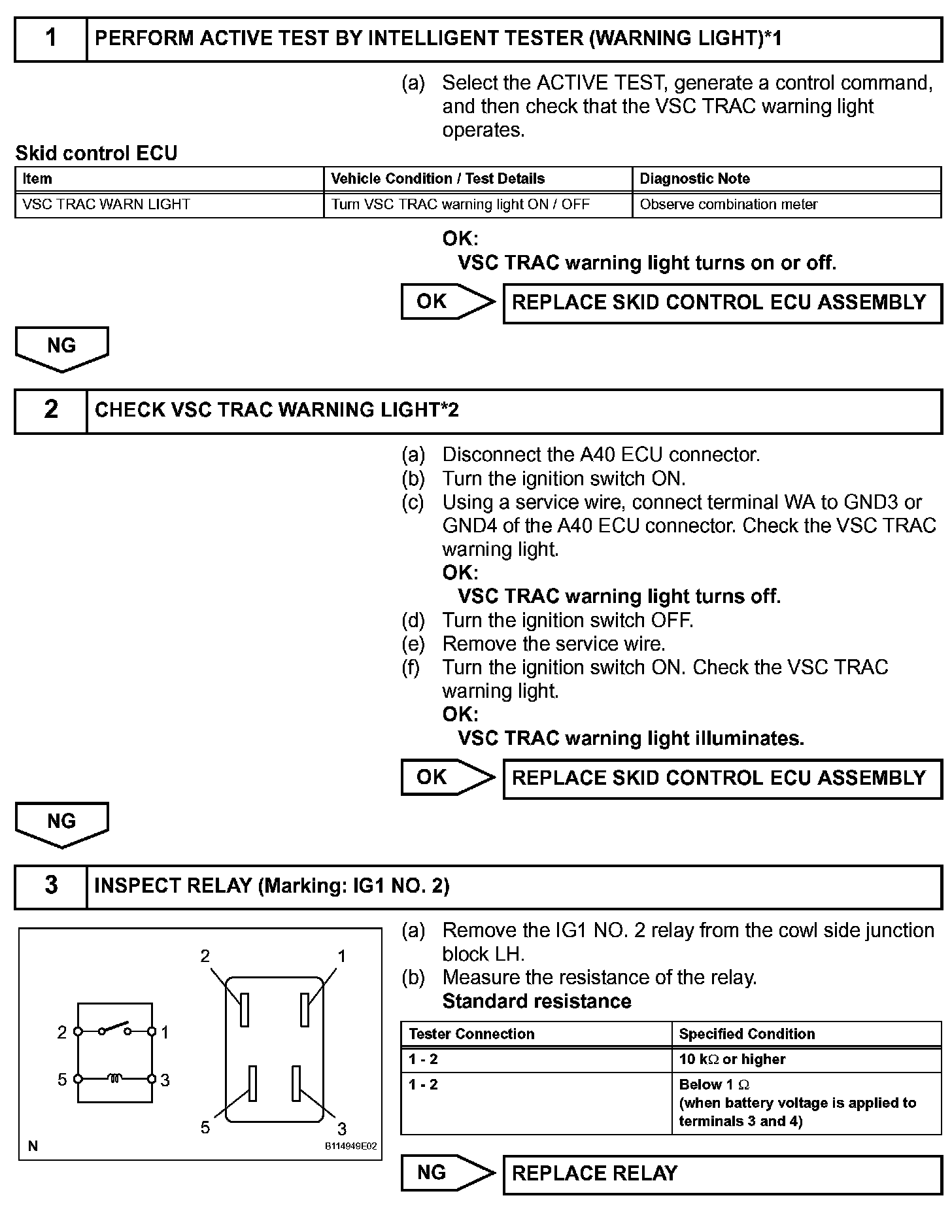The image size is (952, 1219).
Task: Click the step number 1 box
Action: (51, 39)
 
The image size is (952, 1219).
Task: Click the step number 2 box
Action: (51, 411)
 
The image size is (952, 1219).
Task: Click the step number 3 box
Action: (51, 887)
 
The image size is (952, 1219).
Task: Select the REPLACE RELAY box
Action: (722, 1174)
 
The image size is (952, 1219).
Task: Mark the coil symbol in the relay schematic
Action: (114, 1078)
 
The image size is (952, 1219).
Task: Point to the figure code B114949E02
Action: (350, 1146)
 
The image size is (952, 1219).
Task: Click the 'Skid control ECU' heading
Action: (96, 153)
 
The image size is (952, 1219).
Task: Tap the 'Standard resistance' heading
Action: (536, 1001)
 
